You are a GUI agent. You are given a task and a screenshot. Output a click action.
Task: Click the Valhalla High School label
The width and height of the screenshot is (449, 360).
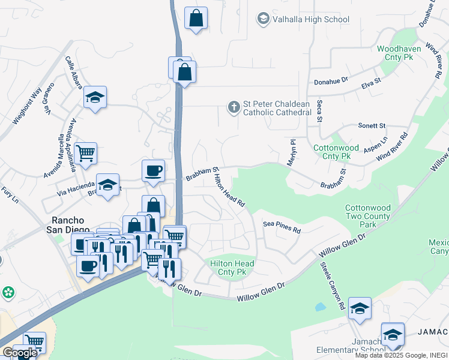click(310, 19)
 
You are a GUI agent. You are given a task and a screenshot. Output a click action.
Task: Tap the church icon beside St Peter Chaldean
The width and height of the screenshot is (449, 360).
click(233, 107)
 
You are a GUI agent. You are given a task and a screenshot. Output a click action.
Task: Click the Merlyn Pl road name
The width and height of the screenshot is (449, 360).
click(293, 150)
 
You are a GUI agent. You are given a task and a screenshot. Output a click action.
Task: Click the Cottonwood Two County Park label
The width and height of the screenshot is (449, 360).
click(368, 216)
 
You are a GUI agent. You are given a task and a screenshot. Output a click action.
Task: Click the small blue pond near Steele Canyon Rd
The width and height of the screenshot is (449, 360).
click(320, 307)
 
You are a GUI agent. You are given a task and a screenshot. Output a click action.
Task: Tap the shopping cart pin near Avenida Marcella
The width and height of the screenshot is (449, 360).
click(85, 153)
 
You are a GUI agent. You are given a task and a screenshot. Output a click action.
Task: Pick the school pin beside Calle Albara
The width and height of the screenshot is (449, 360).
click(95, 98)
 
